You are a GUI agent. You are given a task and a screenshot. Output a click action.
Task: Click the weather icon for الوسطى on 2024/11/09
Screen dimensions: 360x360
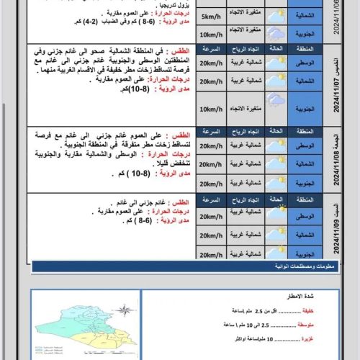[x=276, y=216]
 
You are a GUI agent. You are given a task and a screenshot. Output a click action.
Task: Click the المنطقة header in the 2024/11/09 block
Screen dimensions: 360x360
[x=305, y=198]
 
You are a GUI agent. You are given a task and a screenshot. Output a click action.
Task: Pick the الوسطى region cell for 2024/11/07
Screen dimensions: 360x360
[x=305, y=63]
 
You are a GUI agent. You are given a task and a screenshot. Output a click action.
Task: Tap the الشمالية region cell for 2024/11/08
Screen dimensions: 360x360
[x=305, y=165]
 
